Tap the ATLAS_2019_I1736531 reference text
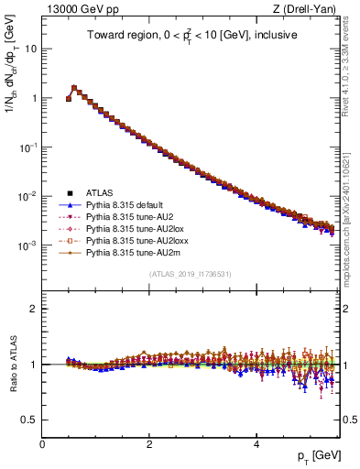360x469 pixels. tap(191, 275)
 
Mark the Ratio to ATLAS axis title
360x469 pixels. tap(12, 364)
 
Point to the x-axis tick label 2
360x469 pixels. tap(149, 444)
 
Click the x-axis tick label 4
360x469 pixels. tap(256, 444)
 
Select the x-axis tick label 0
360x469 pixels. tap(42, 444)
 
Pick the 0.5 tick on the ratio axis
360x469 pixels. tap(31, 420)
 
